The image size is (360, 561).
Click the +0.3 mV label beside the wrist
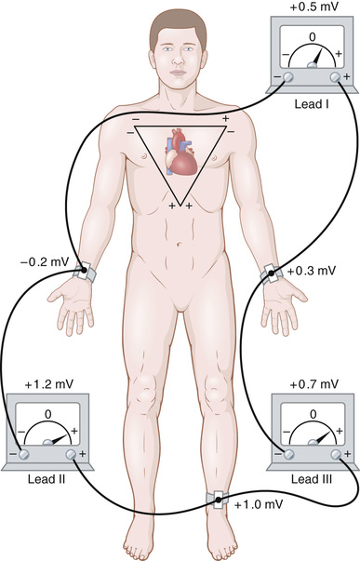[310, 271]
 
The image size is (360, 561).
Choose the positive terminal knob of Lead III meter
[338, 452]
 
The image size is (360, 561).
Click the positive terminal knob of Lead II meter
[72, 452]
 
